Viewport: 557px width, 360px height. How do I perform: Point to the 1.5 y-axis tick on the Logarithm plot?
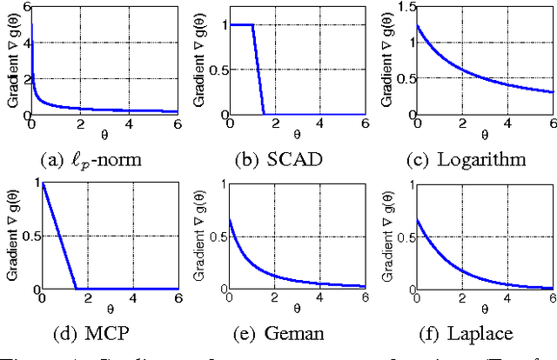pos(401,6)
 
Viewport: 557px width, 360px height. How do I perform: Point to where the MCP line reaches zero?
pos(77,289)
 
